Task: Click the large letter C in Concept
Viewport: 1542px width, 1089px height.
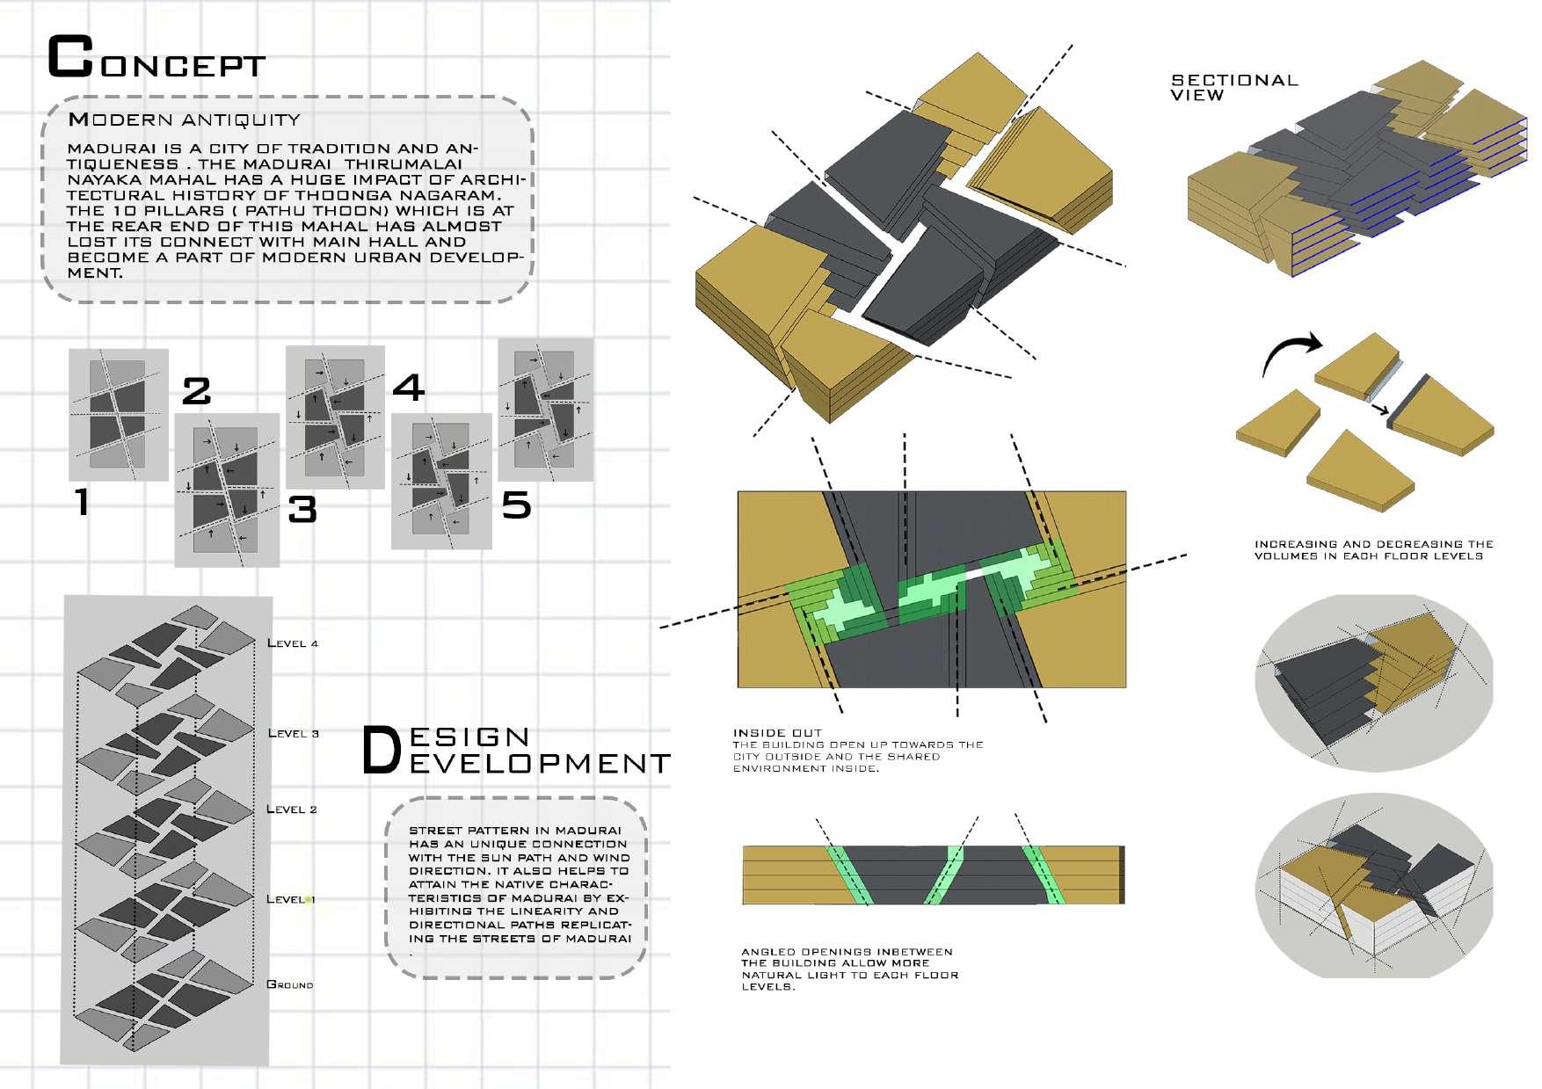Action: [69, 58]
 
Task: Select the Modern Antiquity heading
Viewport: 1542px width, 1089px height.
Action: [185, 120]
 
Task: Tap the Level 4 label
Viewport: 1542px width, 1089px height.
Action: [293, 643]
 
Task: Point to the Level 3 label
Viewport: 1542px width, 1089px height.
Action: [293, 733]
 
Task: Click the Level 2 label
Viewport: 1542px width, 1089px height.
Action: [292, 809]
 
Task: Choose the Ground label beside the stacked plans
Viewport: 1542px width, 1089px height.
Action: [290, 984]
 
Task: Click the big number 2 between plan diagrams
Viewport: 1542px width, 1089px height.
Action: [196, 391]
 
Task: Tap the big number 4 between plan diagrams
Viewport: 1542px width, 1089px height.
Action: [408, 387]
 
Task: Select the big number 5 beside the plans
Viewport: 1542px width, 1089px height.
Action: [516, 505]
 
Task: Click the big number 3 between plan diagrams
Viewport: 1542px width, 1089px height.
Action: [302, 510]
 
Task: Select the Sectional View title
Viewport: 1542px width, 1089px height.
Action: [1234, 88]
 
